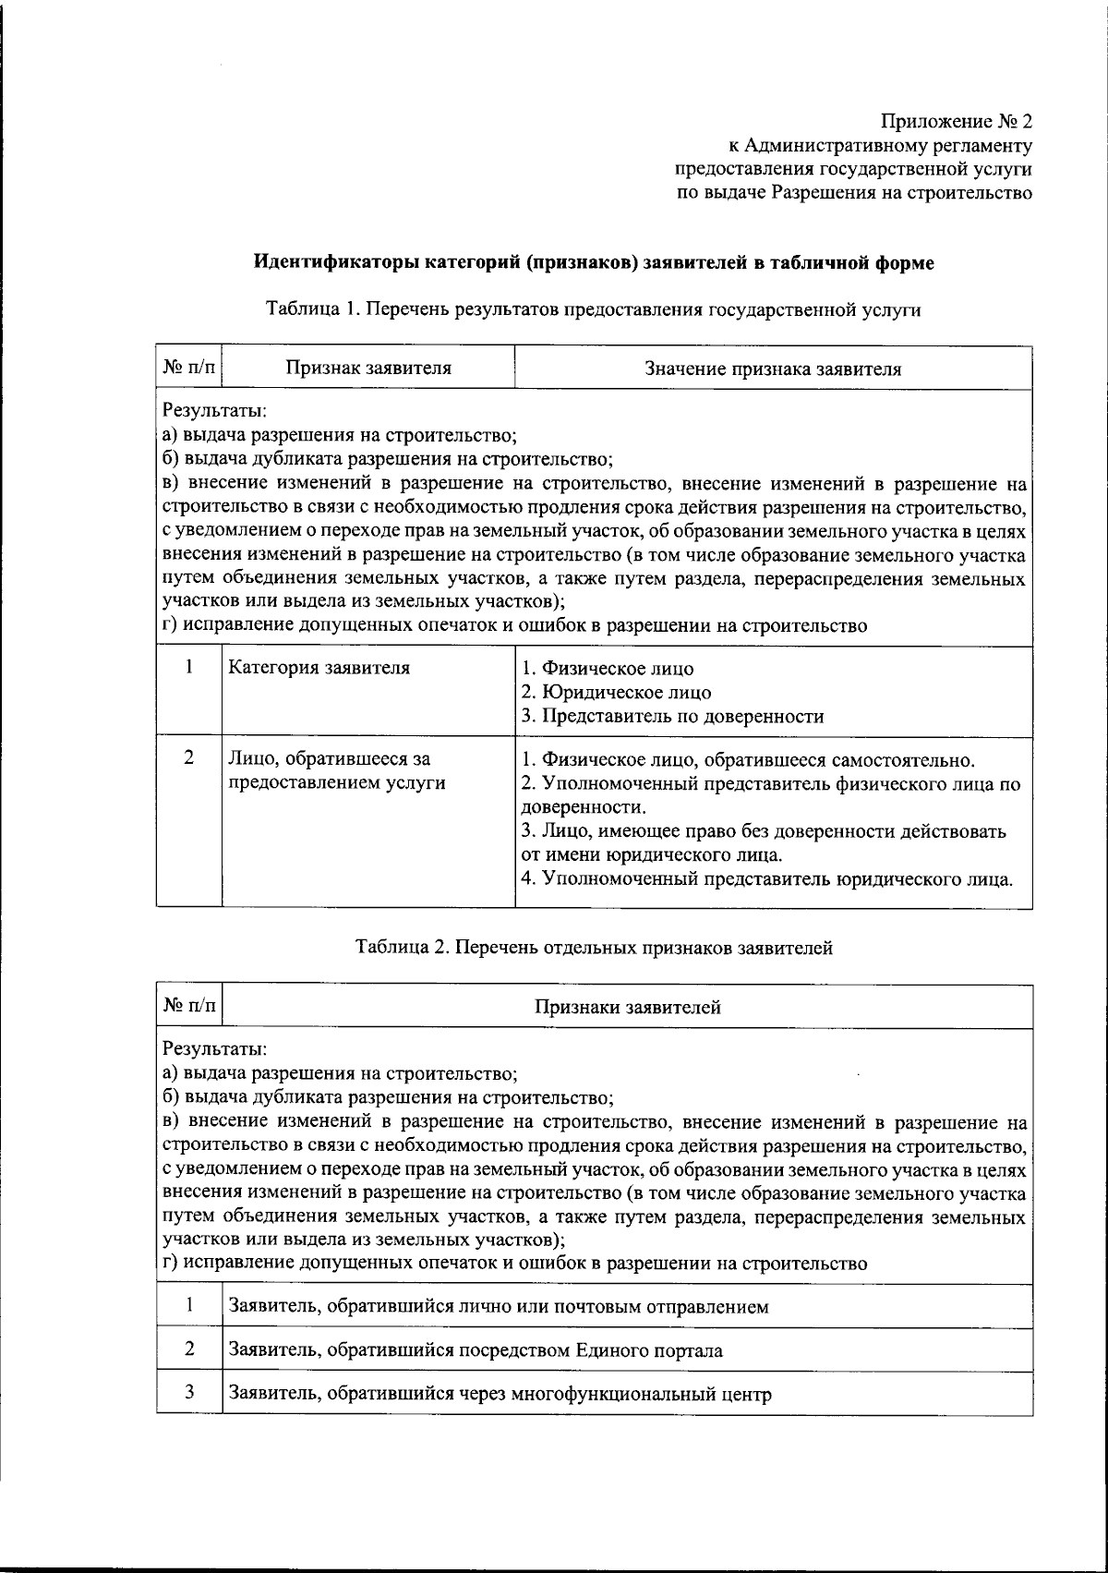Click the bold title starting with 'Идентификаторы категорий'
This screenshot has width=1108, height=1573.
[594, 263]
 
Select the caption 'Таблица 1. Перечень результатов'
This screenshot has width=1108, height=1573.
[594, 309]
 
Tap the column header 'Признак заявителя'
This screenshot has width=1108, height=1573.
[367, 369]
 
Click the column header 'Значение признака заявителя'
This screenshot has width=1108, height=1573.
[772, 369]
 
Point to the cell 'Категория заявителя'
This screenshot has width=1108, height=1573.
[319, 667]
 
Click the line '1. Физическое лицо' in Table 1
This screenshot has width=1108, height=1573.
[608, 669]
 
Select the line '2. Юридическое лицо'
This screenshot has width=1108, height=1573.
[616, 692]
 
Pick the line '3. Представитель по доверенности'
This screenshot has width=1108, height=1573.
[672, 716]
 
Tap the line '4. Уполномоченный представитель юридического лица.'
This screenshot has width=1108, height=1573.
[767, 878]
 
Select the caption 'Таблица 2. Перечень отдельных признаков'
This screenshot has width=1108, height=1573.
[594, 948]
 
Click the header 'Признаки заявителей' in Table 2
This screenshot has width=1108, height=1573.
[627, 1008]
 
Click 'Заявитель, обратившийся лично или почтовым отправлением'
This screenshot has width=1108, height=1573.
[498, 1307]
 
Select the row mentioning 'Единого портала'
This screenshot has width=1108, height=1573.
[475, 1350]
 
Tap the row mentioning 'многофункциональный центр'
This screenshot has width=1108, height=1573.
[499, 1394]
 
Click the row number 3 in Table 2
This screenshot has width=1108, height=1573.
[188, 1393]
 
